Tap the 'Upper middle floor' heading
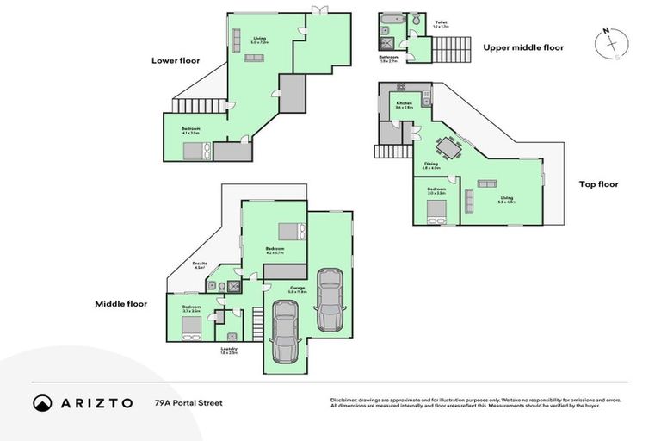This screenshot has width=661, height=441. point(523,47)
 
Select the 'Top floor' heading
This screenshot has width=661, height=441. point(598,183)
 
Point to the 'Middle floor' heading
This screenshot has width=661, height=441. point(121,303)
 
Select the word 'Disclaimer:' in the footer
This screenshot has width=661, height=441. point(346,400)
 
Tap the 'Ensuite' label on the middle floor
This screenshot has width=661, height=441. point(200,264)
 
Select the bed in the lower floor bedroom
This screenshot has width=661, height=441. point(197,151)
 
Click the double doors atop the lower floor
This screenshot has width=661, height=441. point(319,12)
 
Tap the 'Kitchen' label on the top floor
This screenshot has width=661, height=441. point(404,103)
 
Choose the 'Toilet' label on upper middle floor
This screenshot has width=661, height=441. point(441,22)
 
